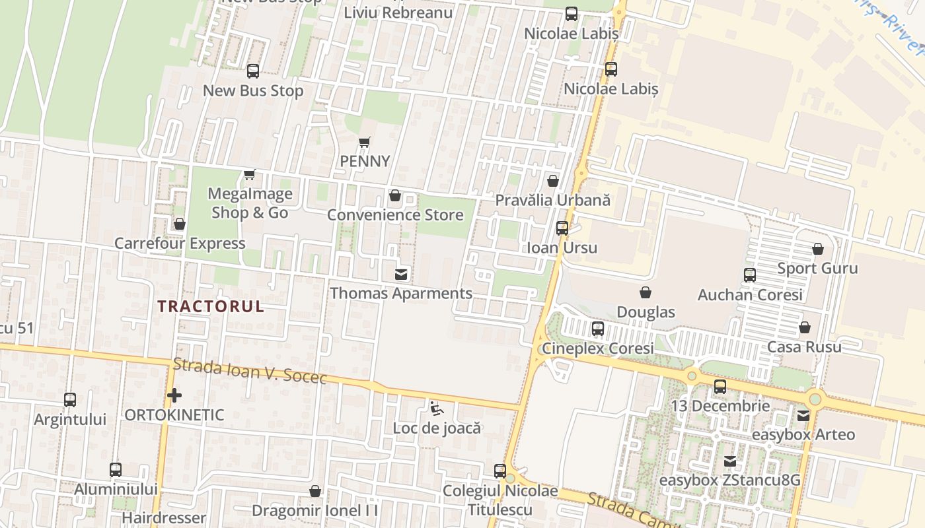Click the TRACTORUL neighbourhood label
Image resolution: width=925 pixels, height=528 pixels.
pos(211,306)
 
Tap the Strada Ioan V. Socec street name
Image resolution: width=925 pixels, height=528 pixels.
pos(250,370)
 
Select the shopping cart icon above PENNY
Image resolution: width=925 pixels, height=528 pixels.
pos(364,142)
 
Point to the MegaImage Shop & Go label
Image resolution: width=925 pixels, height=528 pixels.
pos(250,203)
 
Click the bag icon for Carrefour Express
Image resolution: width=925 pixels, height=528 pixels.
pos(179,224)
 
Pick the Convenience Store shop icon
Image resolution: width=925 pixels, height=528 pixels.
pos(395,195)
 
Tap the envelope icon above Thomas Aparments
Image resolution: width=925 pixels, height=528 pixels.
pos(401,274)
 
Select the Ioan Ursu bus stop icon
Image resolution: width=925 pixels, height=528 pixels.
pos(562,228)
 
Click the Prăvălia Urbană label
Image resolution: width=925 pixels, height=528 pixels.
pos(552,200)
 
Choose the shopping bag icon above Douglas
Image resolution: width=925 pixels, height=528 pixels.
pos(646,292)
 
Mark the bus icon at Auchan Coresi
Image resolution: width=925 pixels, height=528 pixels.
pos(749,275)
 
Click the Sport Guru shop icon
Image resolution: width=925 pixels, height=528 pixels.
pos(817,249)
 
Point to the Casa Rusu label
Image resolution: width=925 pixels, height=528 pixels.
pos(804,347)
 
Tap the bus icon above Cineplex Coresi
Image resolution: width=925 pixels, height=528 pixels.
pos(597,329)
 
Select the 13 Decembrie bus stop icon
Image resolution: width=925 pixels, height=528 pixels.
pos(720,387)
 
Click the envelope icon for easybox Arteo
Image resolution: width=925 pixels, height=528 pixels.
pos(803,416)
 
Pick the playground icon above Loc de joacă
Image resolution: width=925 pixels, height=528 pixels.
pos(436,409)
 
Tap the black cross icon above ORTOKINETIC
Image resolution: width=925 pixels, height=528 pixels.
pos(174,395)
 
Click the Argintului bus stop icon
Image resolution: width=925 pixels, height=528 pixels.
pos(69,400)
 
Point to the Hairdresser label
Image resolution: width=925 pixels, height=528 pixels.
pos(164,518)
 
